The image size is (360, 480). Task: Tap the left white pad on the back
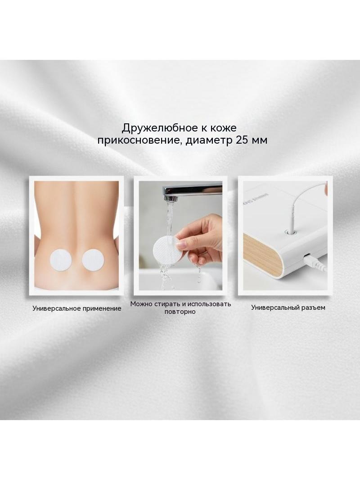point(61,260)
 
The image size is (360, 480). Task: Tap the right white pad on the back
point(93,260)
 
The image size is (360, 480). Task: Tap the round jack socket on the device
point(291,233)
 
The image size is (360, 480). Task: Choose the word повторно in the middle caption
point(180,312)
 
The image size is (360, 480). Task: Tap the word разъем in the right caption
point(315,308)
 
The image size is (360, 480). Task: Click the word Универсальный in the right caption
point(276,308)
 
